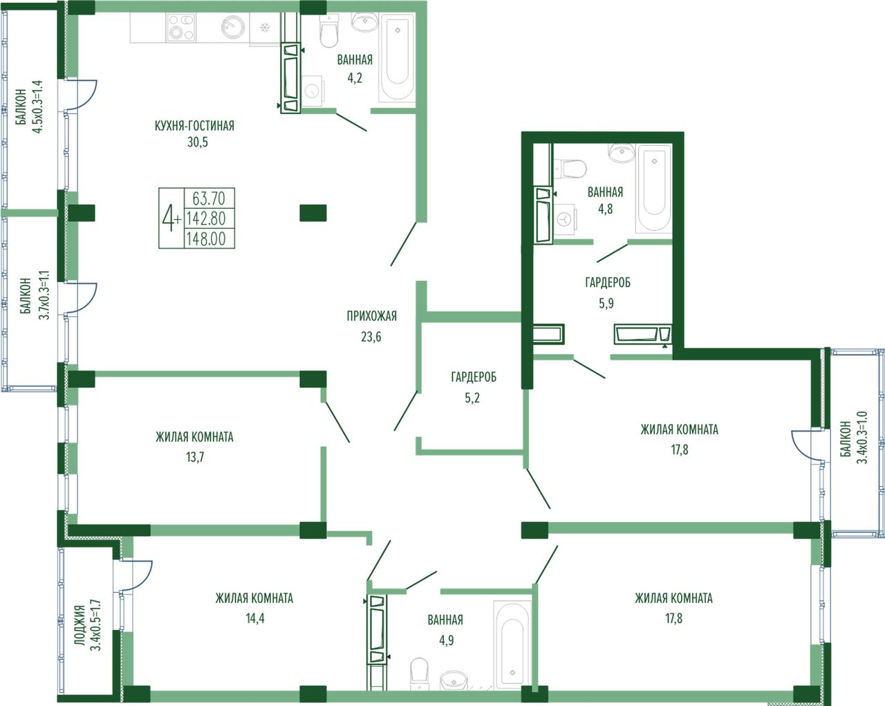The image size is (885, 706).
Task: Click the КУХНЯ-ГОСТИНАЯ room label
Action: tap(194, 126)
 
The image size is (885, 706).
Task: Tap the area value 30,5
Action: tap(198, 142)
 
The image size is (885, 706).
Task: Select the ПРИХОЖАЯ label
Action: tap(372, 316)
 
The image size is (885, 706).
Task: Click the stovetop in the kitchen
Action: tap(181, 27)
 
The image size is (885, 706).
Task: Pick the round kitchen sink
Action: tap(233, 27)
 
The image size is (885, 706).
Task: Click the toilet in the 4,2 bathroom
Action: tap(329, 31)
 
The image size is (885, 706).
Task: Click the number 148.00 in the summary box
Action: tap(206, 239)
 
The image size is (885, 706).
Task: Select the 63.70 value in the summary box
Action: tap(209, 198)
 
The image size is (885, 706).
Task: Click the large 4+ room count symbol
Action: tap(171, 219)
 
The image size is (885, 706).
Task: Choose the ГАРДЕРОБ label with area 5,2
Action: tap(474, 377)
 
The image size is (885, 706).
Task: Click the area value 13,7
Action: tap(195, 457)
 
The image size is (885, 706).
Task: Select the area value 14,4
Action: tap(255, 618)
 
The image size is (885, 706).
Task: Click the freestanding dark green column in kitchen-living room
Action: tap(313, 213)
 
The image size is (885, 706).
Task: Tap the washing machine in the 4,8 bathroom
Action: tap(566, 221)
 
